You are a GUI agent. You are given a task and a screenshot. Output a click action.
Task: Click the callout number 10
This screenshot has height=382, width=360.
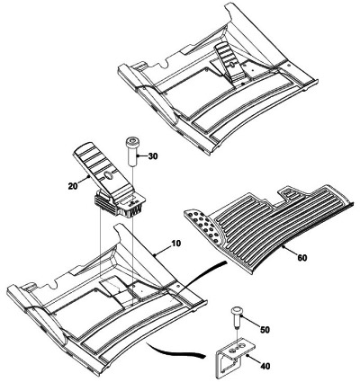176,244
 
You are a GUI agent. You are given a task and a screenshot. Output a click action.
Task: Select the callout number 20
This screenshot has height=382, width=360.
73,186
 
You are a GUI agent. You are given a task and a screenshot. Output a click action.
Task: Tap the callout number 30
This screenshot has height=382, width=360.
153,156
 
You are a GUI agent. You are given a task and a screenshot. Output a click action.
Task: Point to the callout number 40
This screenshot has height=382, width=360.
265,366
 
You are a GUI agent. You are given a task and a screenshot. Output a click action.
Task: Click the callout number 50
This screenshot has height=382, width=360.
265,330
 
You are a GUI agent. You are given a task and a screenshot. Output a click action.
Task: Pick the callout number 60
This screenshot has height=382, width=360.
302,257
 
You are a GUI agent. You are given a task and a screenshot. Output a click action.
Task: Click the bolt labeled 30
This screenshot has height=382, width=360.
130,151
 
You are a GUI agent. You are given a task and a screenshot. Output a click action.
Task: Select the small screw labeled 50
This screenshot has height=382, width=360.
237,318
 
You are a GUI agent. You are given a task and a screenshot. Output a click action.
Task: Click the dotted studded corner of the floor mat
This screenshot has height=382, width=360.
202,222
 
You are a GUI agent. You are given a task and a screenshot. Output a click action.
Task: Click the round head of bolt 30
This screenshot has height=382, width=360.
130,140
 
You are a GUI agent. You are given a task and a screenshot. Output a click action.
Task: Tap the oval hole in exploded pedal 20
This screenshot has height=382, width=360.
110,175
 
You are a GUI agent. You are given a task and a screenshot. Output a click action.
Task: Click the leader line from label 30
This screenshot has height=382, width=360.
141,155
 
